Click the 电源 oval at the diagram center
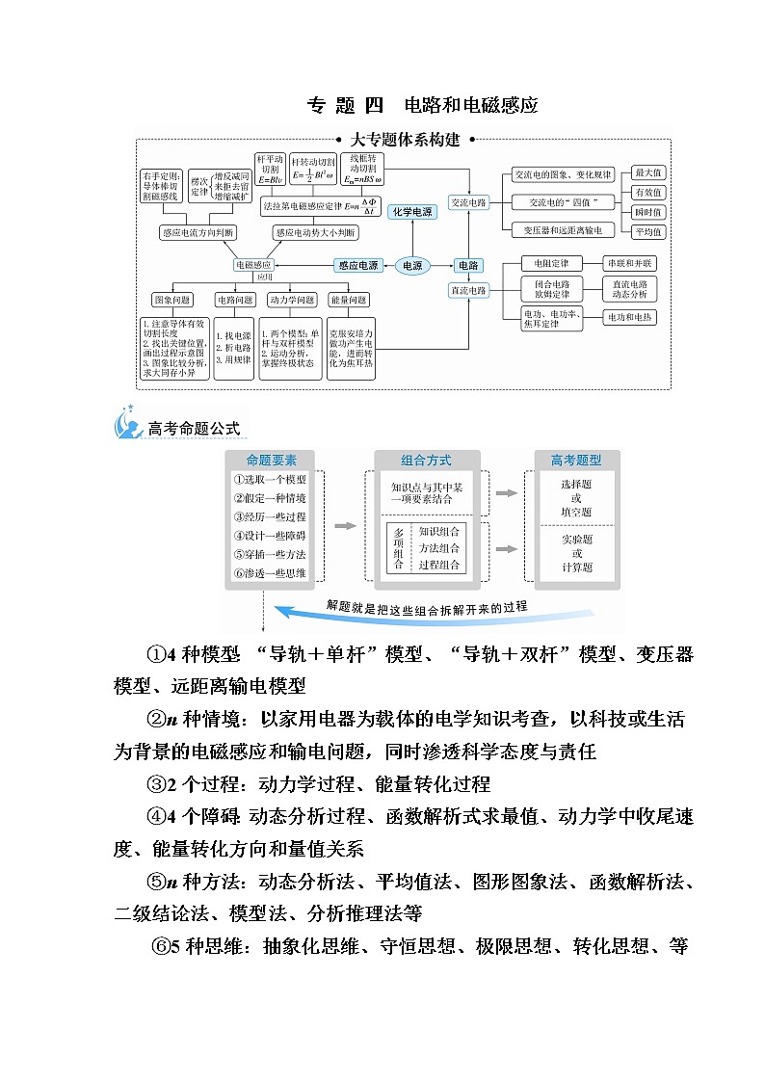(x=412, y=265)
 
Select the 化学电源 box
(x=412, y=211)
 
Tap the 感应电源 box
(x=356, y=265)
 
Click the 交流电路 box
(x=469, y=202)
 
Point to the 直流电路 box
(x=469, y=290)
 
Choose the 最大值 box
(x=647, y=173)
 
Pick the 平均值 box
(x=647, y=231)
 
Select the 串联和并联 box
(x=629, y=263)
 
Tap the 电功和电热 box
(x=629, y=317)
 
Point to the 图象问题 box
(x=172, y=299)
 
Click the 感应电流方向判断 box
(x=198, y=232)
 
